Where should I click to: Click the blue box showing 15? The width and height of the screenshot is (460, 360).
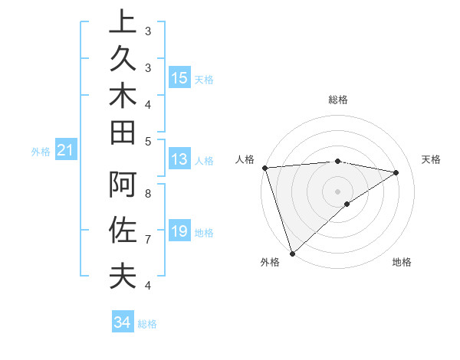(179, 78)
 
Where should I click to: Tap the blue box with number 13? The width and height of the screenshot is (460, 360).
(179, 159)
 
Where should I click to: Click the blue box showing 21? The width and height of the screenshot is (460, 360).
(66, 151)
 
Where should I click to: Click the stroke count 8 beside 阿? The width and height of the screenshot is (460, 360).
(148, 194)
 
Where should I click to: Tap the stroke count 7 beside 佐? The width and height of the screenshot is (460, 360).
(148, 240)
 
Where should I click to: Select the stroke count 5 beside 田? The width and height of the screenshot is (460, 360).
(148, 141)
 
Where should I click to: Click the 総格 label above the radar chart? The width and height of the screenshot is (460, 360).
(337, 100)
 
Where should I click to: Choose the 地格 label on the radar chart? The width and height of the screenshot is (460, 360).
(402, 263)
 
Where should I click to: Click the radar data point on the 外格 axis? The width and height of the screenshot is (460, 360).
(292, 253)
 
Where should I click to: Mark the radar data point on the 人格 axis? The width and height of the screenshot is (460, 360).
(264, 168)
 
